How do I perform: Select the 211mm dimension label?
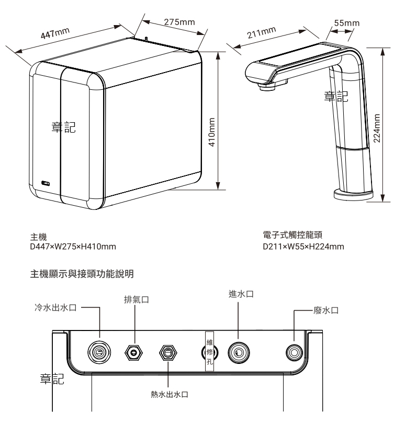[261, 34]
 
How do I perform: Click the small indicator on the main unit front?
[46, 183]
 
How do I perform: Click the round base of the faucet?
[353, 194]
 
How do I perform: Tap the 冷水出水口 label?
[52, 308]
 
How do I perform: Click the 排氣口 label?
[135, 300]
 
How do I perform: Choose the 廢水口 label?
[326, 311]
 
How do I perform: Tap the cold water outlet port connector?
[99, 352]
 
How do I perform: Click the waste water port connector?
[293, 352]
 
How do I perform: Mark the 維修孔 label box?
[210, 351]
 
